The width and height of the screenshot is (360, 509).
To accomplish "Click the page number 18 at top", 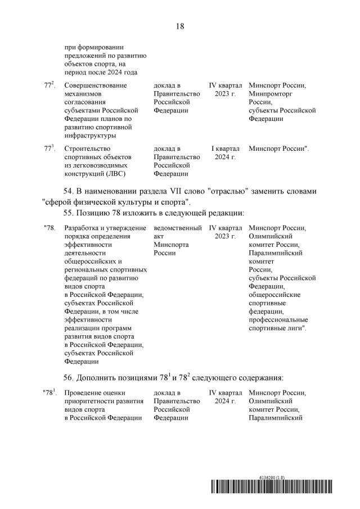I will point(180,26).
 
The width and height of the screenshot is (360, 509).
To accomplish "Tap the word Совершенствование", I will point(96,85).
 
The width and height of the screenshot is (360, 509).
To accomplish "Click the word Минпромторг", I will point(271,94).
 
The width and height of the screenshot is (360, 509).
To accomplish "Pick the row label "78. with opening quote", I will point(50,228).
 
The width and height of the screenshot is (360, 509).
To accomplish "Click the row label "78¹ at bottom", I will point(50,392).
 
